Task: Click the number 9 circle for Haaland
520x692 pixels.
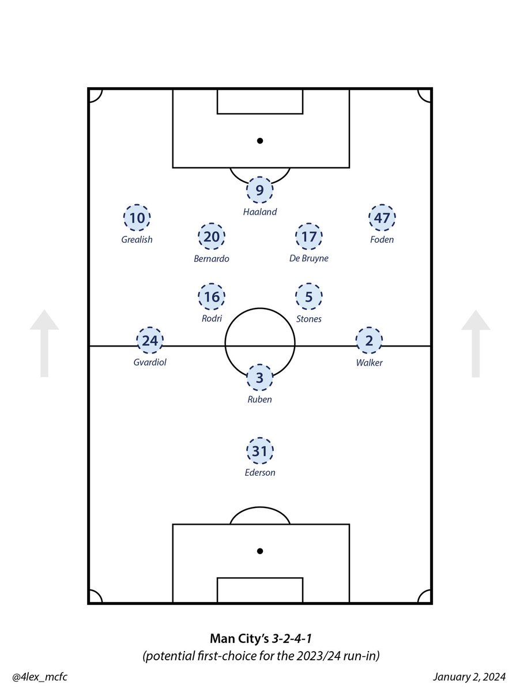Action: [260, 190]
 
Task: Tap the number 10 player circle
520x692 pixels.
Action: [137, 219]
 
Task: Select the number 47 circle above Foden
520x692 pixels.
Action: [382, 219]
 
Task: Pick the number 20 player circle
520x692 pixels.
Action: [211, 237]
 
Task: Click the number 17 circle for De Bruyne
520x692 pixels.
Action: [309, 237]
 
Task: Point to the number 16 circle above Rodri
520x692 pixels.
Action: [211, 298]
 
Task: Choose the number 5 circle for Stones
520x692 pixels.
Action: [309, 298]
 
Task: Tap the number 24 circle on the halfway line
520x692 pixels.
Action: [150, 341]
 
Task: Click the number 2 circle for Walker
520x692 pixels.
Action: [369, 341]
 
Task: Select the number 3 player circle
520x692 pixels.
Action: [260, 378]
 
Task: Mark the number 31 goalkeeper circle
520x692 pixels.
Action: [260, 452]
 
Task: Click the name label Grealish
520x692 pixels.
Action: [137, 239]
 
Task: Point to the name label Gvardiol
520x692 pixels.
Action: [149, 363]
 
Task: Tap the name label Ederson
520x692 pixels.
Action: [260, 473]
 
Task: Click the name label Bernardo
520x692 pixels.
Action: [212, 259]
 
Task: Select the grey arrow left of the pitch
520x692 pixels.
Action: [44, 343]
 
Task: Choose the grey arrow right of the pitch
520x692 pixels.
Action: [476, 343]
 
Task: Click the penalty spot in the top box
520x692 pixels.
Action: [260, 140]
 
